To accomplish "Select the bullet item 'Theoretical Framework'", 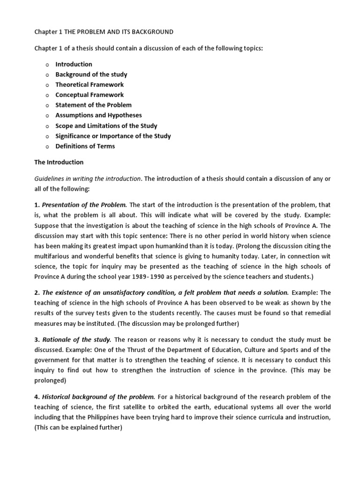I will pos(90,85).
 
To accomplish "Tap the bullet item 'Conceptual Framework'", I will pos(90,95).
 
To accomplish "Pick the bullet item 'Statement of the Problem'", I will pos(93,105).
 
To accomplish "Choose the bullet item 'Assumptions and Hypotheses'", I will pos(98,115).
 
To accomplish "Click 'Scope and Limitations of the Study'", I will pos(106,126).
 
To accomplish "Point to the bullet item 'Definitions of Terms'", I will pos(85,146).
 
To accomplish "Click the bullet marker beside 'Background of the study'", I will pos(47,75).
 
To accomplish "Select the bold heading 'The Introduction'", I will pos(59,162).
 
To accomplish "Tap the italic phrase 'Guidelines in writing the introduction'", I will pos(88,179).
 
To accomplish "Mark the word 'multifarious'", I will pos(52,256).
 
